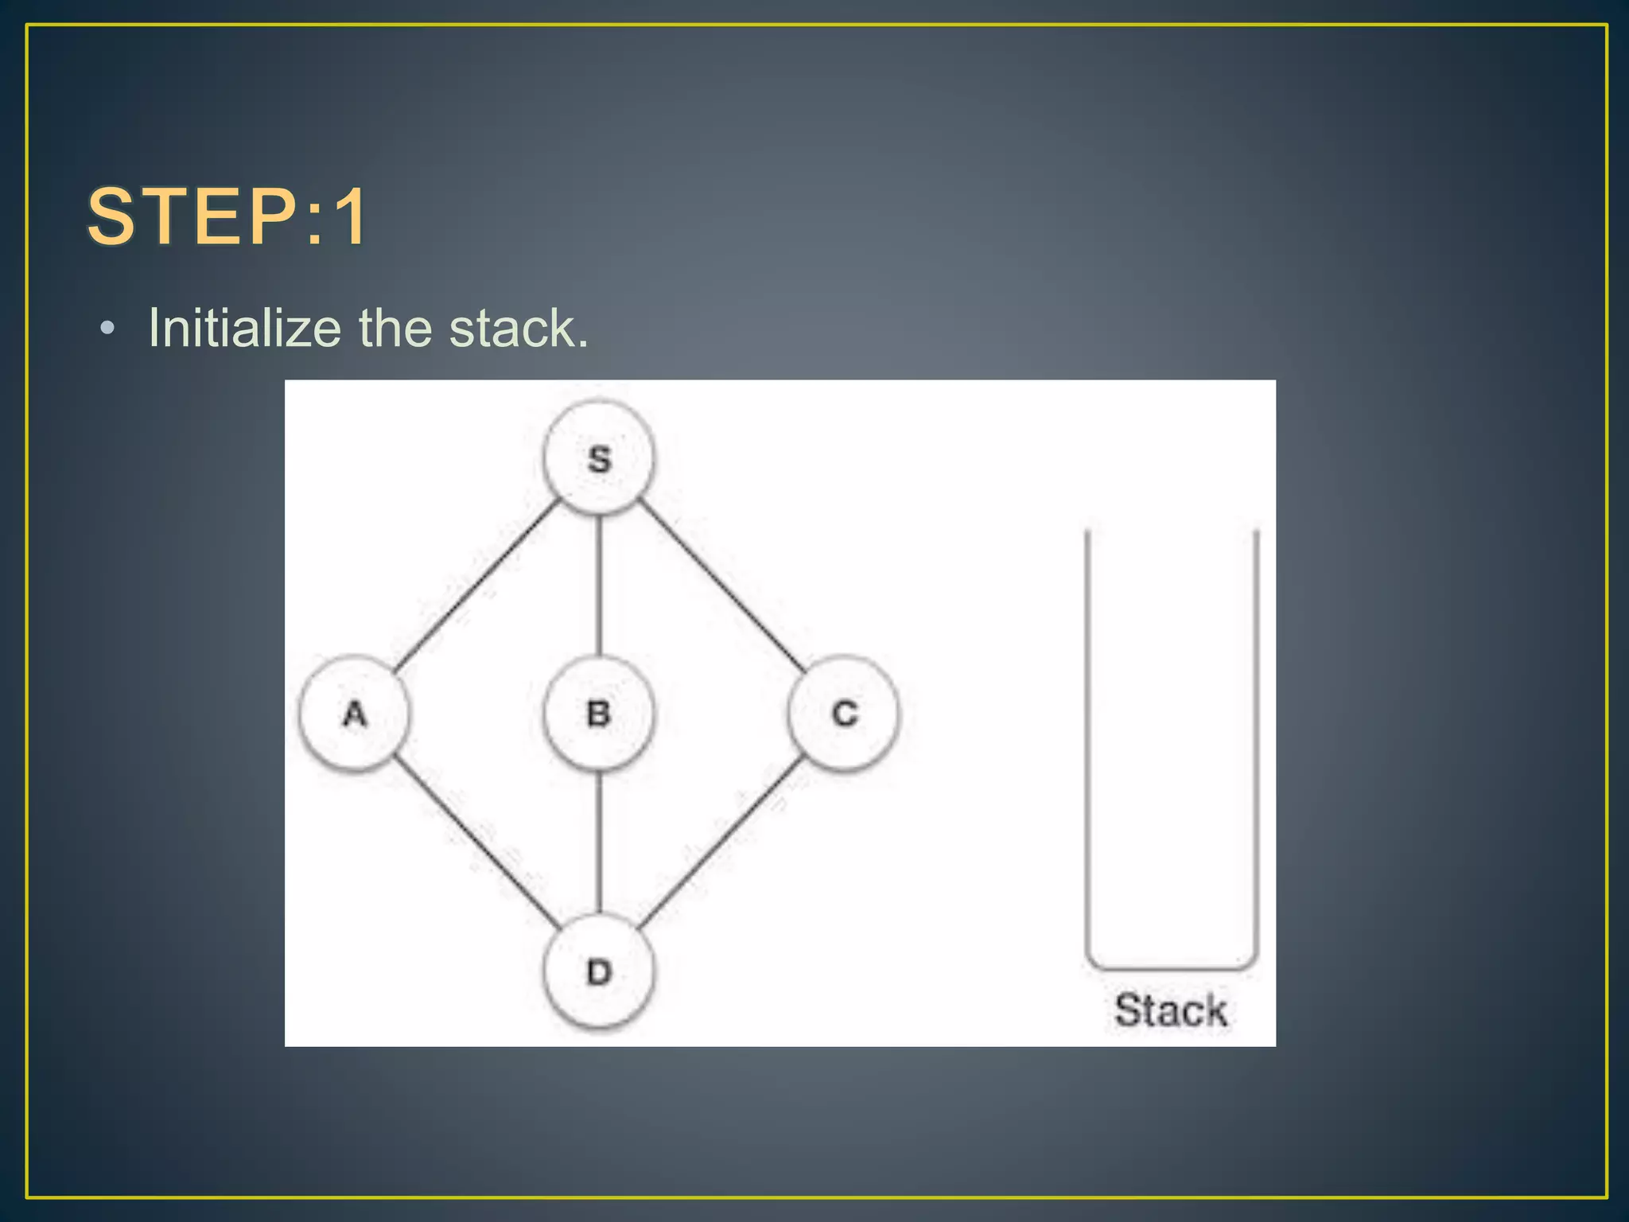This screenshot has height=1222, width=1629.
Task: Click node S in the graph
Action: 599,458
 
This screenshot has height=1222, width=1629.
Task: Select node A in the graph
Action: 355,713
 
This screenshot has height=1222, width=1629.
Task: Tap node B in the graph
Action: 599,713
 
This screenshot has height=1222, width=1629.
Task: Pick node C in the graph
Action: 844,713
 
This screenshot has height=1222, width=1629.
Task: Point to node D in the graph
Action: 599,971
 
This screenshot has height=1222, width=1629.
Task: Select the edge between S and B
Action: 599,585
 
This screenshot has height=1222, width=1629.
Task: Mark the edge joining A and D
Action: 477,841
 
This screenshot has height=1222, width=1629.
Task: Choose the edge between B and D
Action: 599,842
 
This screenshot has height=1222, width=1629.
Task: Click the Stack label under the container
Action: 1170,1010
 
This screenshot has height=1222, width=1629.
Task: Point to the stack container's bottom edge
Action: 1171,968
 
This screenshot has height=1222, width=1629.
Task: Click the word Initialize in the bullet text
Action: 245,328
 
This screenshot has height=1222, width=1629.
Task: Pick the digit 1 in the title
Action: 350,216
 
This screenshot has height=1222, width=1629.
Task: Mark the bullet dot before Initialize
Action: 108,329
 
